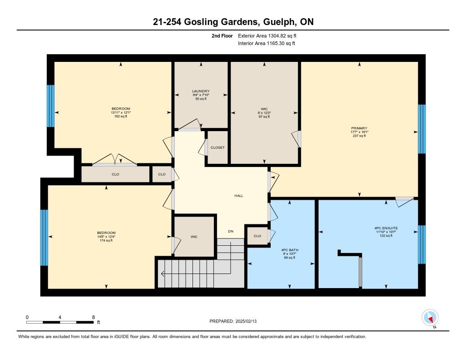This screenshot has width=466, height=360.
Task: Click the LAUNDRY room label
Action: pyautogui.click(x=201, y=91)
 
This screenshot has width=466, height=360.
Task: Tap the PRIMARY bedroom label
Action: pyautogui.click(x=360, y=128)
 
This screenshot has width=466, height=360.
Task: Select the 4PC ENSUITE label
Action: pyautogui.click(x=386, y=228)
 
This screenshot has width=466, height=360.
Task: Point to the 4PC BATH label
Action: pyautogui.click(x=290, y=250)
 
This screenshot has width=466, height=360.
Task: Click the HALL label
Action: pyautogui.click(x=238, y=196)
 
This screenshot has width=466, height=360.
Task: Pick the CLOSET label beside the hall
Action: pyautogui.click(x=218, y=147)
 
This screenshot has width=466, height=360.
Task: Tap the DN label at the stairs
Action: pyautogui.click(x=231, y=231)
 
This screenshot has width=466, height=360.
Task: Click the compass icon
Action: pyautogui.click(x=430, y=318)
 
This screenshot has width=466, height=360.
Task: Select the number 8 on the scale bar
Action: pyautogui.click(x=93, y=317)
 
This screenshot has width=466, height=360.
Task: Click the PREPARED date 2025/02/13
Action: pyautogui.click(x=246, y=321)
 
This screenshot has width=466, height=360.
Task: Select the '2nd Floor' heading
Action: pyautogui.click(x=222, y=35)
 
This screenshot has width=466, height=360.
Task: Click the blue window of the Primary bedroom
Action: pyautogui.click(x=422, y=129)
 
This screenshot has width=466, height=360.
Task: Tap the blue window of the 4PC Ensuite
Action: pyautogui.click(x=422, y=245)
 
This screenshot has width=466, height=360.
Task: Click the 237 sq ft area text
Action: pyautogui.click(x=360, y=136)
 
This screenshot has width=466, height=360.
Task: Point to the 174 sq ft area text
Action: pyautogui.click(x=106, y=240)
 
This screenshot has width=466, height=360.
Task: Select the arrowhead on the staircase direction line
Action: pyautogui.click(x=162, y=274)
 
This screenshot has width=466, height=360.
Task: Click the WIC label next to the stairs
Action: pyautogui.click(x=194, y=237)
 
